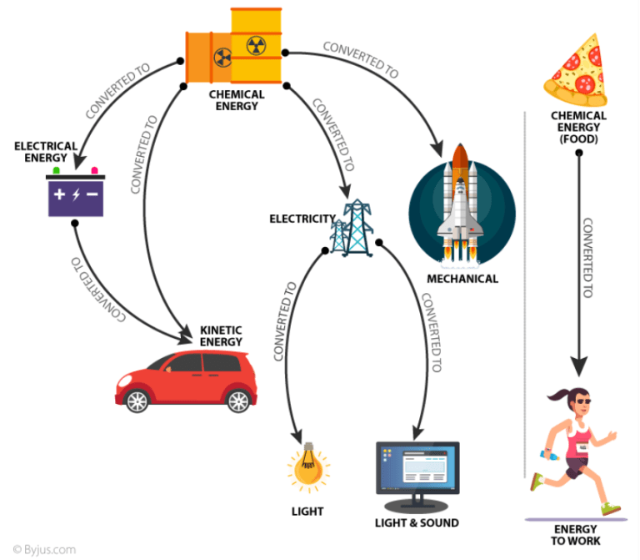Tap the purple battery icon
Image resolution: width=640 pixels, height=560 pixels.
coord(76,195)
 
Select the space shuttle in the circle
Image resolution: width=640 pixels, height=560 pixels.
coord(462,204)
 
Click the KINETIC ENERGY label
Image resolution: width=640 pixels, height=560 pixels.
coord(221,335)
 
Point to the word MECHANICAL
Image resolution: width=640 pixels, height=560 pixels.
coord(462,279)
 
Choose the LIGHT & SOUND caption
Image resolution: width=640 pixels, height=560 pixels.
coord(417,523)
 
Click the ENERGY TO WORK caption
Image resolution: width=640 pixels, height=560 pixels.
coord(575,536)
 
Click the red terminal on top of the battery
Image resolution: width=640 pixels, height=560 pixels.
coord(94,170)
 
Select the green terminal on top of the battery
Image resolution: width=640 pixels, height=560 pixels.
coord(56,170)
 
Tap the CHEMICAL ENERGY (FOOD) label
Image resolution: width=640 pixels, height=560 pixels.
coord(578,127)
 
